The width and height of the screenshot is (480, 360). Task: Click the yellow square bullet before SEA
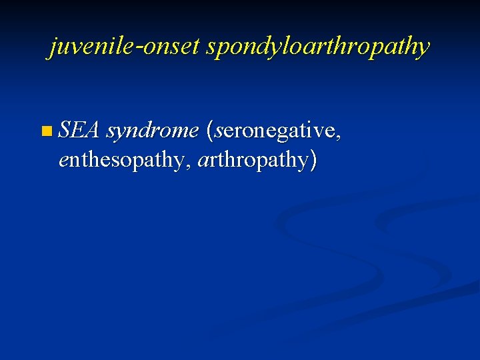[45, 131]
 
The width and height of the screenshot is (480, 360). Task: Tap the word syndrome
[153, 132]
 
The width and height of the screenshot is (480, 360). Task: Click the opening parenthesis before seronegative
[211, 131]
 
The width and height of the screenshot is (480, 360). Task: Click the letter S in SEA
[65, 131]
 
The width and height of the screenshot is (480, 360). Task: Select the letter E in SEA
[77, 131]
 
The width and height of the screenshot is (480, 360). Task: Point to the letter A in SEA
[92, 131]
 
